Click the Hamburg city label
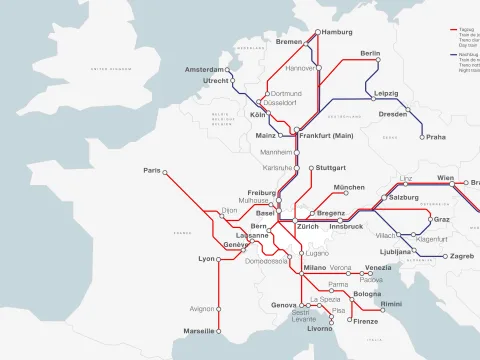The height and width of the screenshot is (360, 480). (x=340, y=33)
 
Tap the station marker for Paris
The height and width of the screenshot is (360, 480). (x=166, y=171)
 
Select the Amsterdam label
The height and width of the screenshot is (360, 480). (x=203, y=70)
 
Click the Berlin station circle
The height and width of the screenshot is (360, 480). (x=377, y=60)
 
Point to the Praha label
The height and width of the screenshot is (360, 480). (x=435, y=137)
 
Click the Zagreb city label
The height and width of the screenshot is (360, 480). (x=462, y=256)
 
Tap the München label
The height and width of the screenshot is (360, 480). (x=349, y=188)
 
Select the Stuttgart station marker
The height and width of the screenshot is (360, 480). (x=312, y=168)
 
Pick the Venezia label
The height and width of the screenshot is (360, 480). (x=378, y=268)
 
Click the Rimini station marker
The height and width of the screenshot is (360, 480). (x=376, y=303)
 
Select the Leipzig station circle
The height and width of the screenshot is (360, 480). (x=378, y=101)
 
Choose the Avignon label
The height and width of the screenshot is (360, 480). (x=202, y=309)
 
